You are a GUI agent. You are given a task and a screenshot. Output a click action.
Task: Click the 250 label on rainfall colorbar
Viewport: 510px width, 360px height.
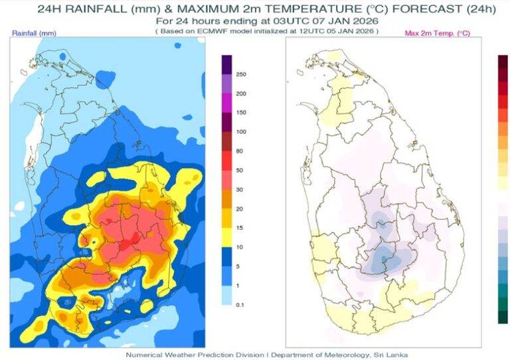click(242, 74)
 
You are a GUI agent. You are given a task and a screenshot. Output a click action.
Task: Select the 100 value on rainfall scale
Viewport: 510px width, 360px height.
click(242, 132)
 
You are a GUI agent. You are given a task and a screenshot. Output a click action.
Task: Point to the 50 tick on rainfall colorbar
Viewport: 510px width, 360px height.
click(241, 170)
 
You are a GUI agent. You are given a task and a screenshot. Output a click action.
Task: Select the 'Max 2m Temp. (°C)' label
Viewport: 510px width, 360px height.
click(437, 33)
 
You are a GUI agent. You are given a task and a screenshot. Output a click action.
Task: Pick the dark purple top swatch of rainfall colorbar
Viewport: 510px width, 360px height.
click(226, 64)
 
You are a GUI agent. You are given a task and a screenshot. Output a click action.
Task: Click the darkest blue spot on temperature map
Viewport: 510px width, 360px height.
click(384, 258)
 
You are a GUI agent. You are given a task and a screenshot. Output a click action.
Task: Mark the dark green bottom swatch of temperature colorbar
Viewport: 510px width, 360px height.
click(502, 317)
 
